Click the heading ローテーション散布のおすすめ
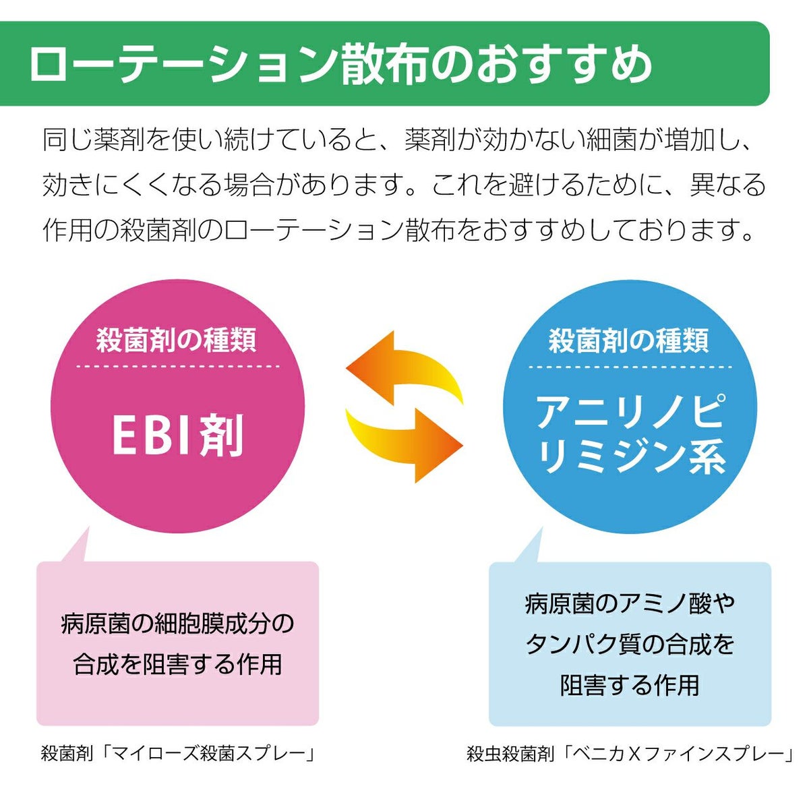[340, 65]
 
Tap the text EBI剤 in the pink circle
[177, 436]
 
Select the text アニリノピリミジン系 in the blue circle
[630, 434]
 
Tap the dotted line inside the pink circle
[177, 366]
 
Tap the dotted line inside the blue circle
[630, 367]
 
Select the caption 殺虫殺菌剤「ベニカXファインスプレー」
[630, 754]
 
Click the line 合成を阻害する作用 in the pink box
[177, 664]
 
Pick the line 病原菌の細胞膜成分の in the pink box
[177, 624]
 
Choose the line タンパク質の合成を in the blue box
[630, 645]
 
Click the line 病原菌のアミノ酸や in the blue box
[630, 603]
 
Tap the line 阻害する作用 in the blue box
[630, 685]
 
